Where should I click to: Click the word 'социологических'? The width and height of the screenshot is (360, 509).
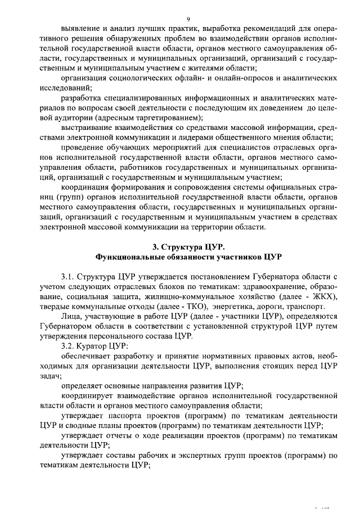coord(142,78)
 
